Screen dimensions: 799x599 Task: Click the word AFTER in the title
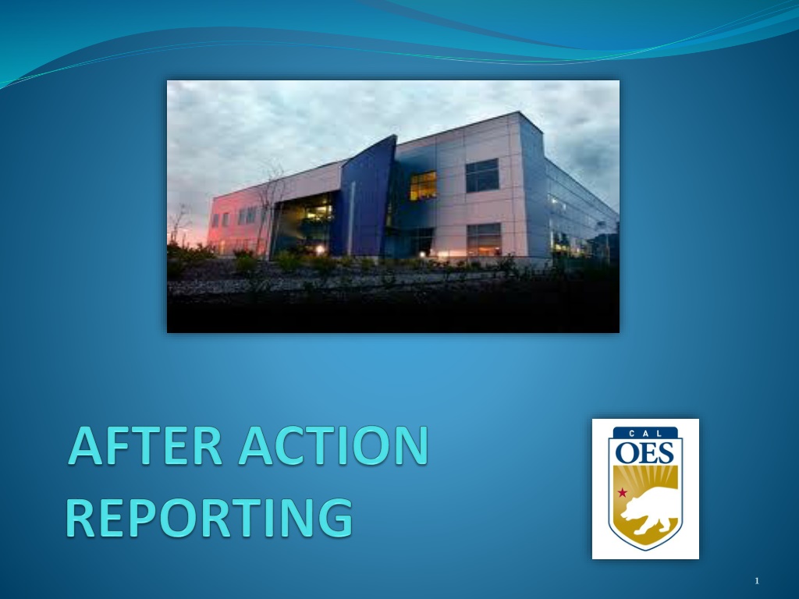coord(145,445)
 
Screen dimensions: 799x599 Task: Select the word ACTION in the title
coord(334,445)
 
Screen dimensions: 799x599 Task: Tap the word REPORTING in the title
coord(209,518)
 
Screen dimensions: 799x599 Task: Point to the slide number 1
coord(757,580)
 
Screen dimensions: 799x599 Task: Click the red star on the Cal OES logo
coord(622,493)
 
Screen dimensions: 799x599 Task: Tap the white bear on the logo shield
coord(650,509)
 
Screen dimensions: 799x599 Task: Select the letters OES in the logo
coord(645,452)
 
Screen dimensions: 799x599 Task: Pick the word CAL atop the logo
coord(645,434)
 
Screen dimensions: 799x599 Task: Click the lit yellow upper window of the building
coord(424,186)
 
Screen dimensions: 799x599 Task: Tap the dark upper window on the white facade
coord(482,175)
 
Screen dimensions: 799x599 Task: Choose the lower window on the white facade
coord(484,239)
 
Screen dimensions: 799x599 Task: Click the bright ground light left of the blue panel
coord(320,250)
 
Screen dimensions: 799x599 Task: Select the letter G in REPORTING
coord(334,518)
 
